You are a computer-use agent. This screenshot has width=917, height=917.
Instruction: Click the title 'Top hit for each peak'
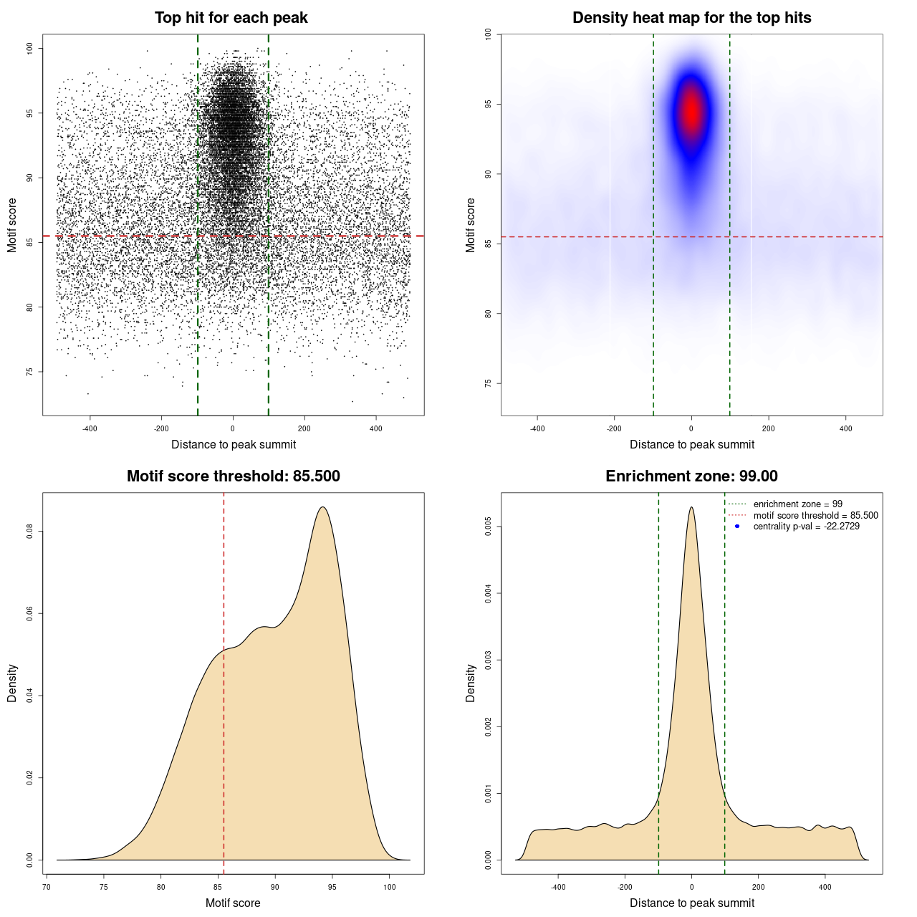point(231,18)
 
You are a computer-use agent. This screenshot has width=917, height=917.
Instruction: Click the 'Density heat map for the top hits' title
point(691,18)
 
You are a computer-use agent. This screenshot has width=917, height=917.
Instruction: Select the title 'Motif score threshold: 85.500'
point(233,476)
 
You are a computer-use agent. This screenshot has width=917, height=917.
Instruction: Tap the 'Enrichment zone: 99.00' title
point(691,476)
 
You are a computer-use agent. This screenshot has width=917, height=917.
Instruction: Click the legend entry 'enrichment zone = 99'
point(797,504)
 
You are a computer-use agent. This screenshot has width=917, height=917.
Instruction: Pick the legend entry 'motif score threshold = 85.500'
point(815,516)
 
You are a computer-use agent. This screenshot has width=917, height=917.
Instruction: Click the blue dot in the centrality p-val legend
point(737,527)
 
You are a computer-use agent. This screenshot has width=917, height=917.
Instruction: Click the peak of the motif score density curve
point(323,507)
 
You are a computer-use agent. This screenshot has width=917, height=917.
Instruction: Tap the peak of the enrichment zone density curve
point(691,507)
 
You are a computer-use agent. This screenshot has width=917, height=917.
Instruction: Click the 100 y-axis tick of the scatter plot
point(29,48)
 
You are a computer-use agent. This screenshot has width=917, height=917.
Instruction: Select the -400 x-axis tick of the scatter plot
point(90,428)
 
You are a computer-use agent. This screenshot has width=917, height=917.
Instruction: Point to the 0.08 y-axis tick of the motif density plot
point(29,532)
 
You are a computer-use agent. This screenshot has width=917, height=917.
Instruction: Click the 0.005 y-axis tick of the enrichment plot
point(488,527)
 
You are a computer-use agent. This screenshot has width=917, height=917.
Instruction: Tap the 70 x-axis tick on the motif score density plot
point(47,887)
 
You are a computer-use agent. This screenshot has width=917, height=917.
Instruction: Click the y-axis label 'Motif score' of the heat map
point(470,225)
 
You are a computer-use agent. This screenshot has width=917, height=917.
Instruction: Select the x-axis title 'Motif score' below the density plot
point(233,903)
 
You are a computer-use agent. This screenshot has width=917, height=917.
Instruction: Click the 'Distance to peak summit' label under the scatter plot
point(234,444)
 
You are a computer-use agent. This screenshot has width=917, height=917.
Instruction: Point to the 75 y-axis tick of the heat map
point(488,383)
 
